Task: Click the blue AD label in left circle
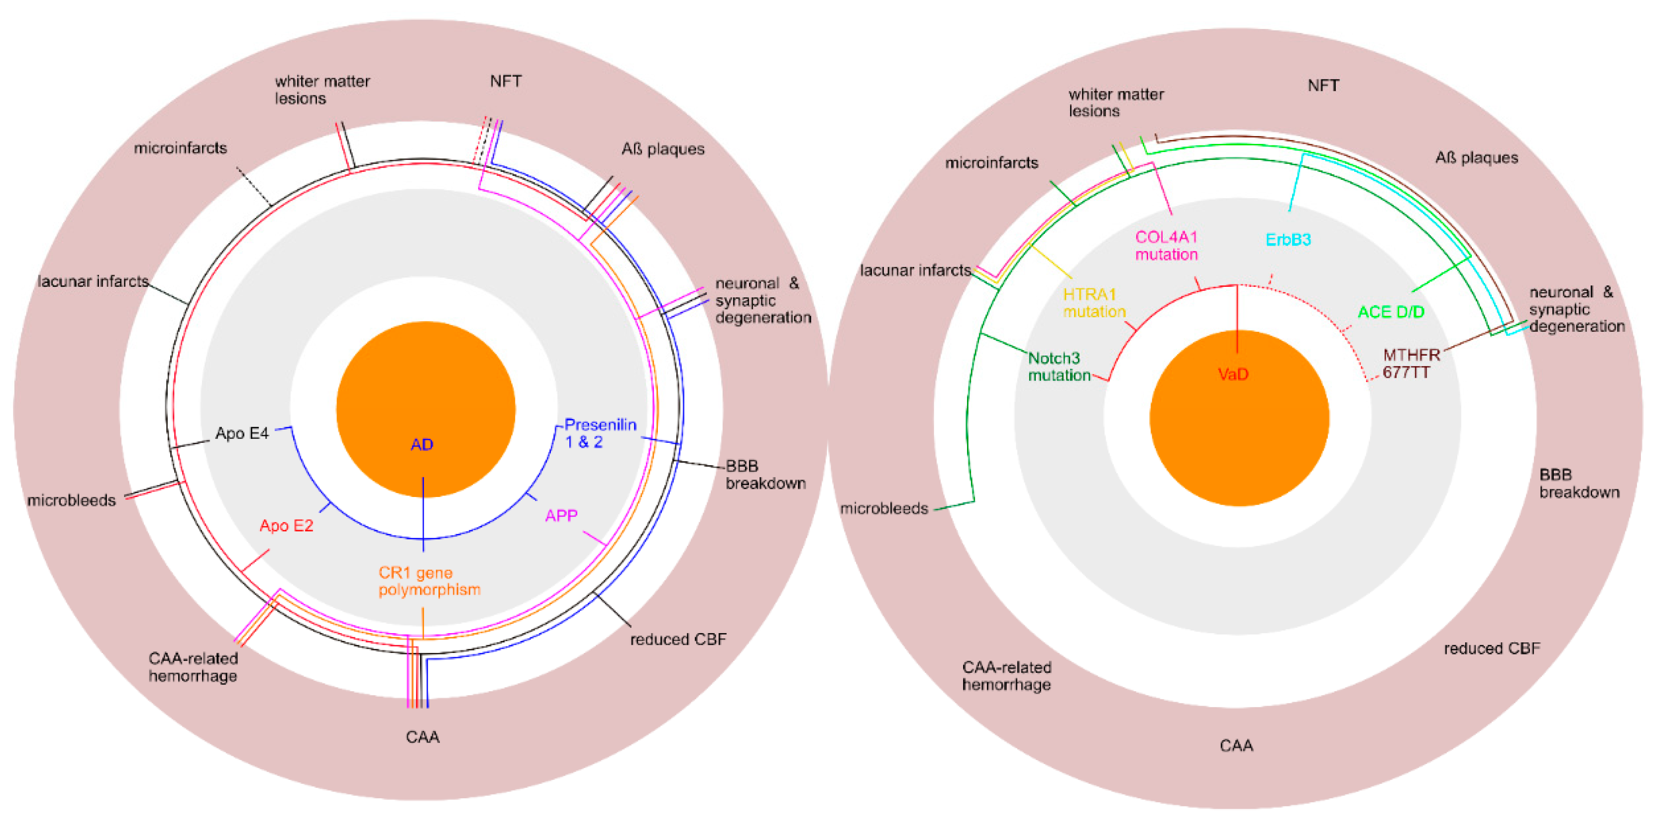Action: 422,444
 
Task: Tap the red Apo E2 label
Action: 286,526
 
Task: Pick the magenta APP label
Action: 561,515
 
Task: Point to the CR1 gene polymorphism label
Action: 429,581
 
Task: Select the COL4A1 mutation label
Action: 1166,246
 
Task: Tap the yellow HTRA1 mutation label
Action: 1094,303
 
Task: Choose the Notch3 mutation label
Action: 1059,367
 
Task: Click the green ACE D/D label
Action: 1391,312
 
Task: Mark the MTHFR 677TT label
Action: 1411,363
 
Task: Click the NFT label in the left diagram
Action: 505,81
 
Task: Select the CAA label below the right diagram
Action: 1236,745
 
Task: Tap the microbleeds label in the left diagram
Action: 71,500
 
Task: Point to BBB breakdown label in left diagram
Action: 765,474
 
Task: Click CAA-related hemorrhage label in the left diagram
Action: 193,667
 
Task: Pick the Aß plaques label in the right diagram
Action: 1476,158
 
